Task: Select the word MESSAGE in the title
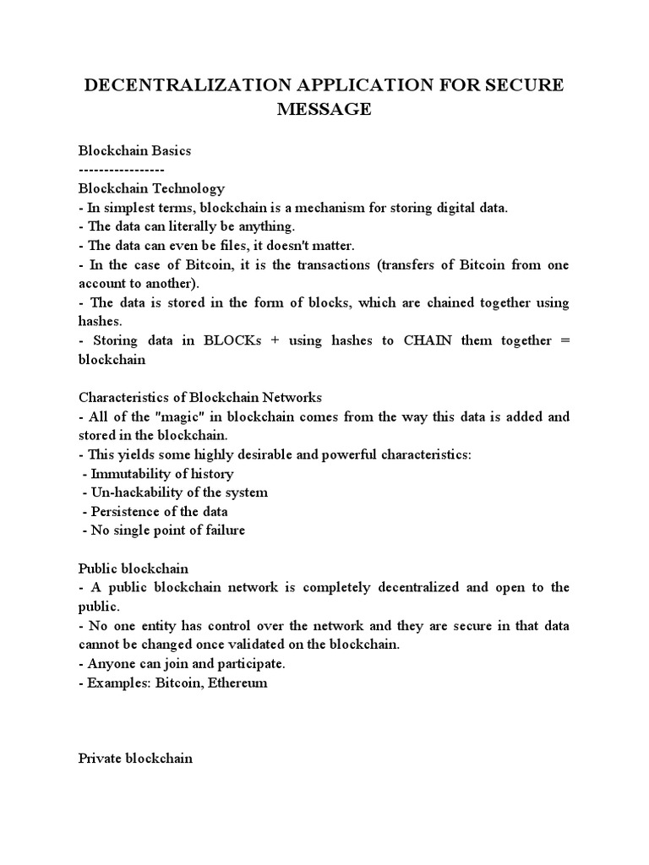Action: pos(324,109)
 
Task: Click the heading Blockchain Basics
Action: pos(135,150)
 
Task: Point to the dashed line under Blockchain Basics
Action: pos(128,169)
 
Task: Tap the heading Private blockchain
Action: pos(135,759)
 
